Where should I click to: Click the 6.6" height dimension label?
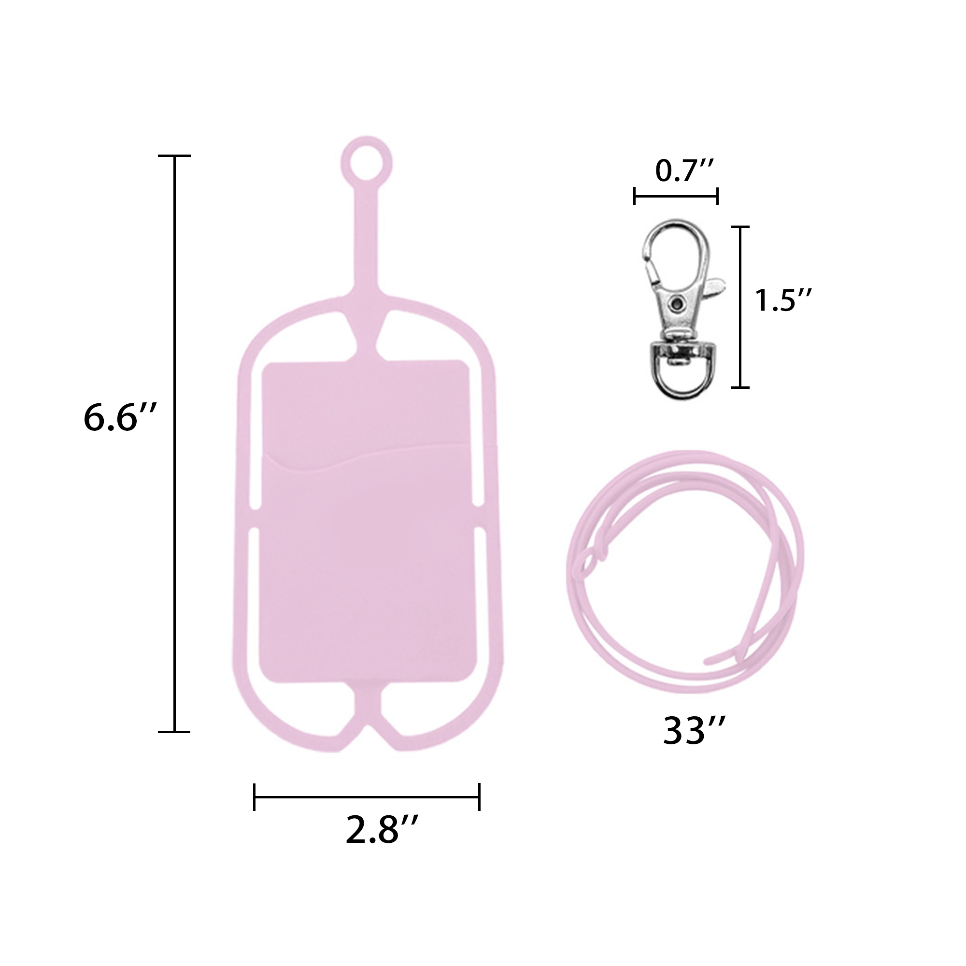[x=120, y=418]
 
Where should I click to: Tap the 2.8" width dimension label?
[x=382, y=829]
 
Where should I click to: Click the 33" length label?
[x=694, y=731]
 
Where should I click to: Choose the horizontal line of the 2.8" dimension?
[x=367, y=797]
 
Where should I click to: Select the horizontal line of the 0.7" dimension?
[x=676, y=196]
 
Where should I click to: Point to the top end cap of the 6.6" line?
[x=174, y=156]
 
